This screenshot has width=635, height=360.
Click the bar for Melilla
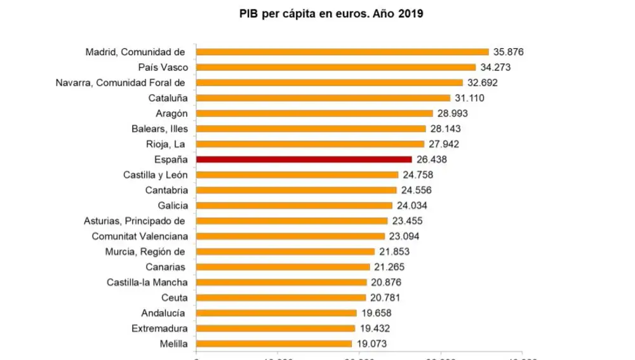pyautogui.click(x=274, y=343)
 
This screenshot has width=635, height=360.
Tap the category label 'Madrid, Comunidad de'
pyautogui.click(x=135, y=52)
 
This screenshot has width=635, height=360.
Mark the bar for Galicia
pyautogui.click(x=294, y=205)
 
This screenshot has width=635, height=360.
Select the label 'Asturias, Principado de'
pyautogui.click(x=135, y=221)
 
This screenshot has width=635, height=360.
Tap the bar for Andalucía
pyautogui.click(x=276, y=313)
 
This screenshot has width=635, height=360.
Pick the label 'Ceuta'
pyautogui.click(x=175, y=297)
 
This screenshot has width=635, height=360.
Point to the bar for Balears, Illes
pyautogui.click(x=311, y=128)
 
